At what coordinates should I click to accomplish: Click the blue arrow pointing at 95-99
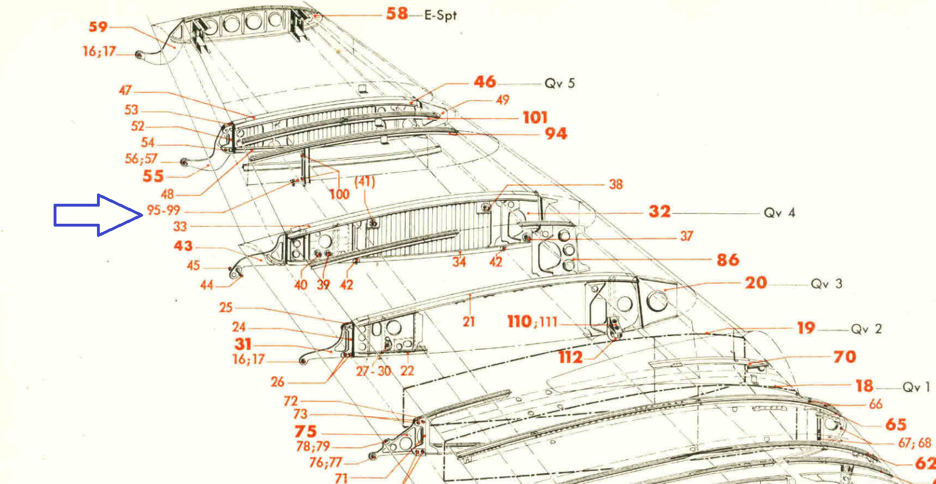[98, 215]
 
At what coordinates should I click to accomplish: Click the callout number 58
[397, 14]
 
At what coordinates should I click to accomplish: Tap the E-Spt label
[440, 15]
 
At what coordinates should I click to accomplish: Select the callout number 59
[98, 27]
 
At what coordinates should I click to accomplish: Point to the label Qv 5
[560, 83]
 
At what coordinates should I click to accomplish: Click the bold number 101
[535, 118]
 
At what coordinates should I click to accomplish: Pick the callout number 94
[556, 134]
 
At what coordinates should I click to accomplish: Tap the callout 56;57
[141, 159]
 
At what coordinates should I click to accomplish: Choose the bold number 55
[153, 176]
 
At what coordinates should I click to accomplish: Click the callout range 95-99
[163, 210]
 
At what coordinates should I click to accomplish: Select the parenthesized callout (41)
[364, 181]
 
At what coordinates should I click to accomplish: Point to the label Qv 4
[779, 213]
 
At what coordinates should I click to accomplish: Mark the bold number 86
[728, 260]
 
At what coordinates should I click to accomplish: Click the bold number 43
[184, 246]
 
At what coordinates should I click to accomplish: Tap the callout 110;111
[532, 321]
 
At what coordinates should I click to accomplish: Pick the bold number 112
[571, 357]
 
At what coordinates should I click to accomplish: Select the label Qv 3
[826, 284]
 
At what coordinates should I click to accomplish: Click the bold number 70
[845, 357]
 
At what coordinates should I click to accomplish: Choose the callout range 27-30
[373, 371]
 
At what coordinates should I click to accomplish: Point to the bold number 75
[306, 431]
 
